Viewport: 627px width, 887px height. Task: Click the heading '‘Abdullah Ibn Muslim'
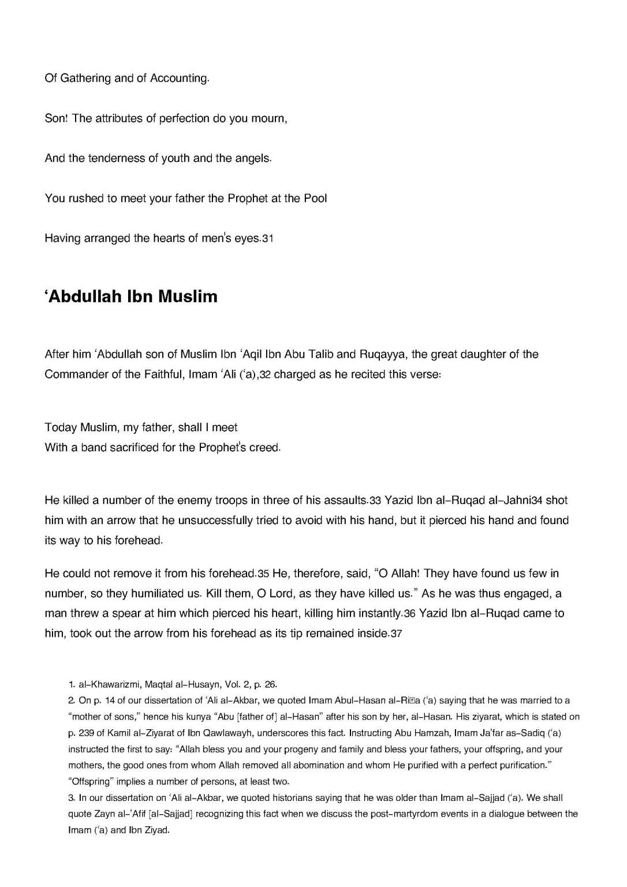131,297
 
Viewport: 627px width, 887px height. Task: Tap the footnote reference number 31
267,239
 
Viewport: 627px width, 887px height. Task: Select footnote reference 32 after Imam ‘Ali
265,374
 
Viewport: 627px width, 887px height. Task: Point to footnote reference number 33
375,501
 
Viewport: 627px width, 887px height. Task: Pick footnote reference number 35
263,574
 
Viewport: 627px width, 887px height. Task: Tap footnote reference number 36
410,614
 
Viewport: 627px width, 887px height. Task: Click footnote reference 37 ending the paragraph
396,634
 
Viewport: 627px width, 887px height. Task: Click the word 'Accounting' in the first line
178,78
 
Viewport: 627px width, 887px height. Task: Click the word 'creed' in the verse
264,448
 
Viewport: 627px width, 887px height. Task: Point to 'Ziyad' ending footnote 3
156,830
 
